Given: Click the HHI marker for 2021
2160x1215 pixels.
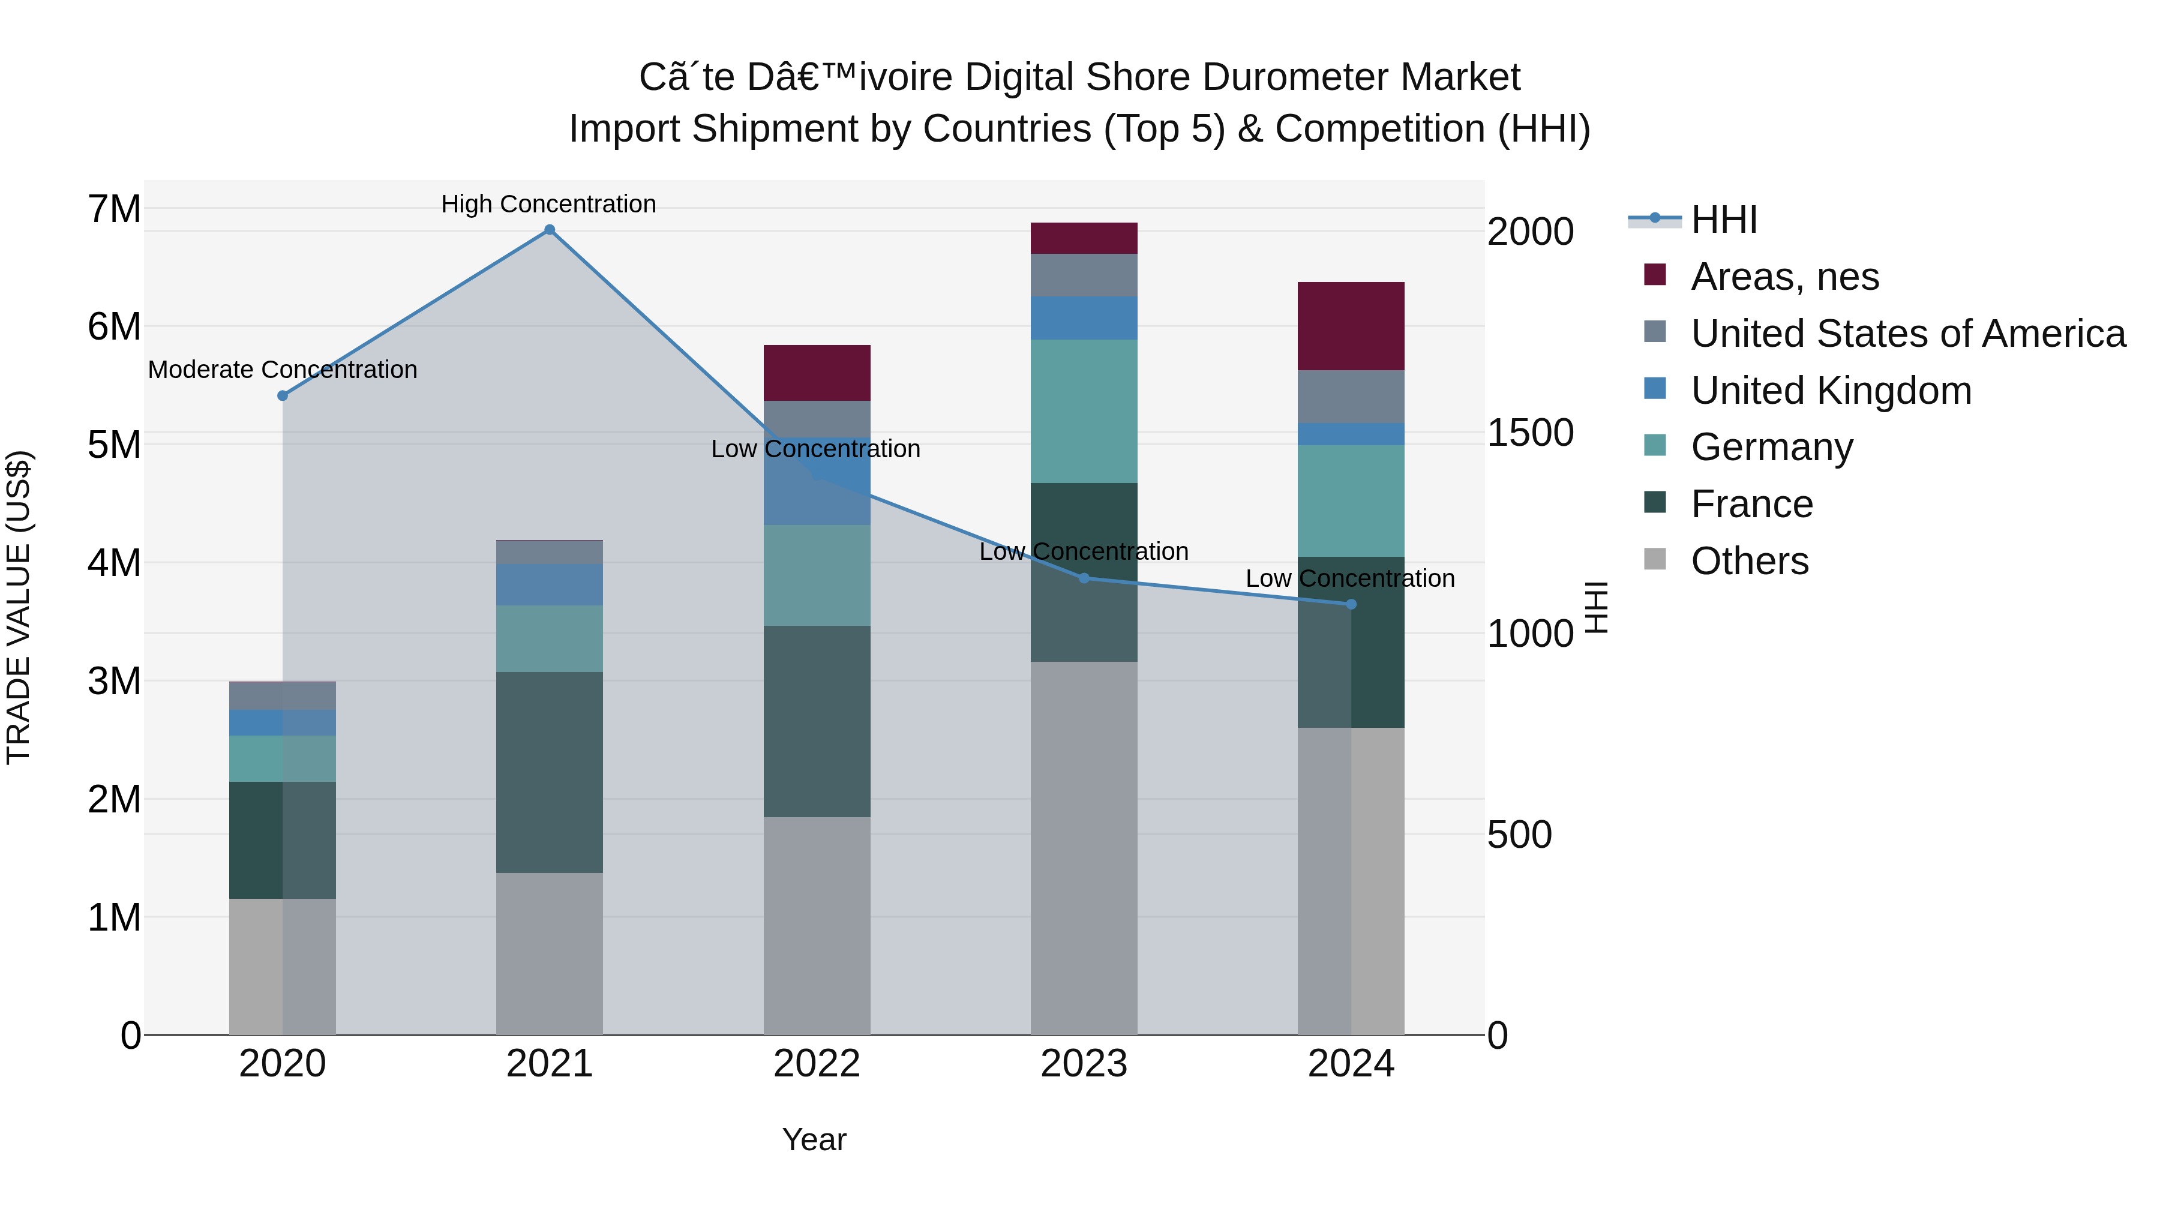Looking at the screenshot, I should (549, 230).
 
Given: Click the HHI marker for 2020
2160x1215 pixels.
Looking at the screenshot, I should (283, 396).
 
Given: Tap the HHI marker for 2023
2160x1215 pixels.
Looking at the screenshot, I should (1084, 578).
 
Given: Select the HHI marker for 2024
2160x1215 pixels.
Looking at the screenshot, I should (1351, 605).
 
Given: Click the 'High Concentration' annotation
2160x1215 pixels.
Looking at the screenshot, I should (548, 205).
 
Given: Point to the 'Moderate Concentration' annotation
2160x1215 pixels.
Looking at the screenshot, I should (283, 370).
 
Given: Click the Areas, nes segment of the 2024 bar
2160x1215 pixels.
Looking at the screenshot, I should (1351, 326).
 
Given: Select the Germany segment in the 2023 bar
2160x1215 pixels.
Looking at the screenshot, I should (1084, 411).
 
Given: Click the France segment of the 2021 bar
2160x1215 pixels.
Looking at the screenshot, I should (549, 772).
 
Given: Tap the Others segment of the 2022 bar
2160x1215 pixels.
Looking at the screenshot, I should (817, 926).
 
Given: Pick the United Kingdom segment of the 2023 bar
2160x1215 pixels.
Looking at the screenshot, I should (1084, 318).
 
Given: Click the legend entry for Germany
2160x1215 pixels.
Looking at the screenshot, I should (1771, 447).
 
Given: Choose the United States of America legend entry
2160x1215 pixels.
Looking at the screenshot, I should (1907, 334).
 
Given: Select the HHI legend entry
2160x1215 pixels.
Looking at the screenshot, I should (1723, 220).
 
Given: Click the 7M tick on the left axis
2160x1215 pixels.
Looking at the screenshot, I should (114, 209).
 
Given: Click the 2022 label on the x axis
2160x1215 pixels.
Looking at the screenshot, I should (817, 1064).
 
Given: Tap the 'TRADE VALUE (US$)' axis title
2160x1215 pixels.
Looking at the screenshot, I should (19, 607).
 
